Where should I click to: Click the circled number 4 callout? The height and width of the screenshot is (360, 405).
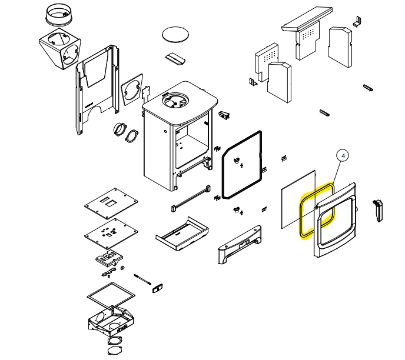click(x=343, y=156)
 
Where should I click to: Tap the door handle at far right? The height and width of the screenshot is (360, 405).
click(x=378, y=211)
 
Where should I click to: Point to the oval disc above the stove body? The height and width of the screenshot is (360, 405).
click(x=175, y=34)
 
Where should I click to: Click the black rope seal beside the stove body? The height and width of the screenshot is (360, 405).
click(x=223, y=175)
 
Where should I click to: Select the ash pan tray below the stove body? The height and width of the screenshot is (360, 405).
click(x=182, y=234)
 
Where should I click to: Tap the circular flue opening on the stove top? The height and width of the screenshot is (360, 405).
click(x=175, y=100)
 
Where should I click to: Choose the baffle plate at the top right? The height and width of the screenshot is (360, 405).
click(x=307, y=19)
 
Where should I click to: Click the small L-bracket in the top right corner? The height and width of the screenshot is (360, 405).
click(x=357, y=22)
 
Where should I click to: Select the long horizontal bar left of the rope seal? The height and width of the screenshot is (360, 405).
click(x=191, y=198)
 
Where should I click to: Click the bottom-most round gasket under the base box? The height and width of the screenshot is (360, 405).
click(x=115, y=351)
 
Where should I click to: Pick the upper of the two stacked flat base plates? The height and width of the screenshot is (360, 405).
click(x=111, y=203)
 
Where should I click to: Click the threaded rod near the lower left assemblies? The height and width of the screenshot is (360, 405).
click(x=142, y=279)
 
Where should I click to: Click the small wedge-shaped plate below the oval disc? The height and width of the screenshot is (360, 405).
click(x=175, y=59)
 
